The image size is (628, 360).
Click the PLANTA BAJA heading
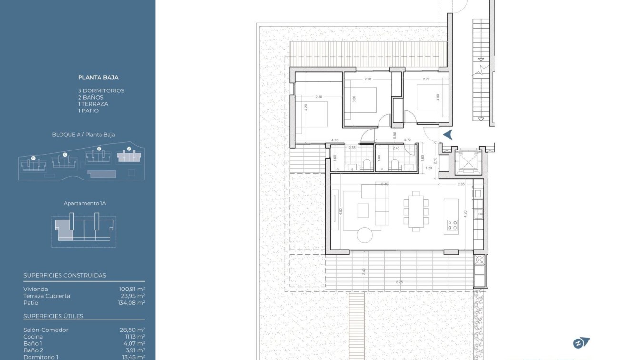click(x=98, y=77)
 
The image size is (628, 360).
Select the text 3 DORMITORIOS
click(x=101, y=90)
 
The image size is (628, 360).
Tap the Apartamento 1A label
click(x=85, y=203)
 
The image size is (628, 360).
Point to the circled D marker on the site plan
click(x=33, y=158)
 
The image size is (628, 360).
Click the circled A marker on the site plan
click(x=129, y=149)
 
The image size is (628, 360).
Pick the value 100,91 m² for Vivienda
click(x=132, y=289)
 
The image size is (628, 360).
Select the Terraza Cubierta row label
click(x=47, y=296)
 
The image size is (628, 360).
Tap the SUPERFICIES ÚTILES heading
click(x=53, y=316)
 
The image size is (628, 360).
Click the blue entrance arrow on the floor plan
click(x=447, y=135)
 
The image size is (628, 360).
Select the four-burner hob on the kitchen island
click(x=451, y=225)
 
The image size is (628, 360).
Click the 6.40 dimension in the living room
click(x=385, y=184)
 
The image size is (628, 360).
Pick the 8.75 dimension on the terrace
click(x=399, y=282)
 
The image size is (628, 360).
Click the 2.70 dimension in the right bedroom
click(x=426, y=79)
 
